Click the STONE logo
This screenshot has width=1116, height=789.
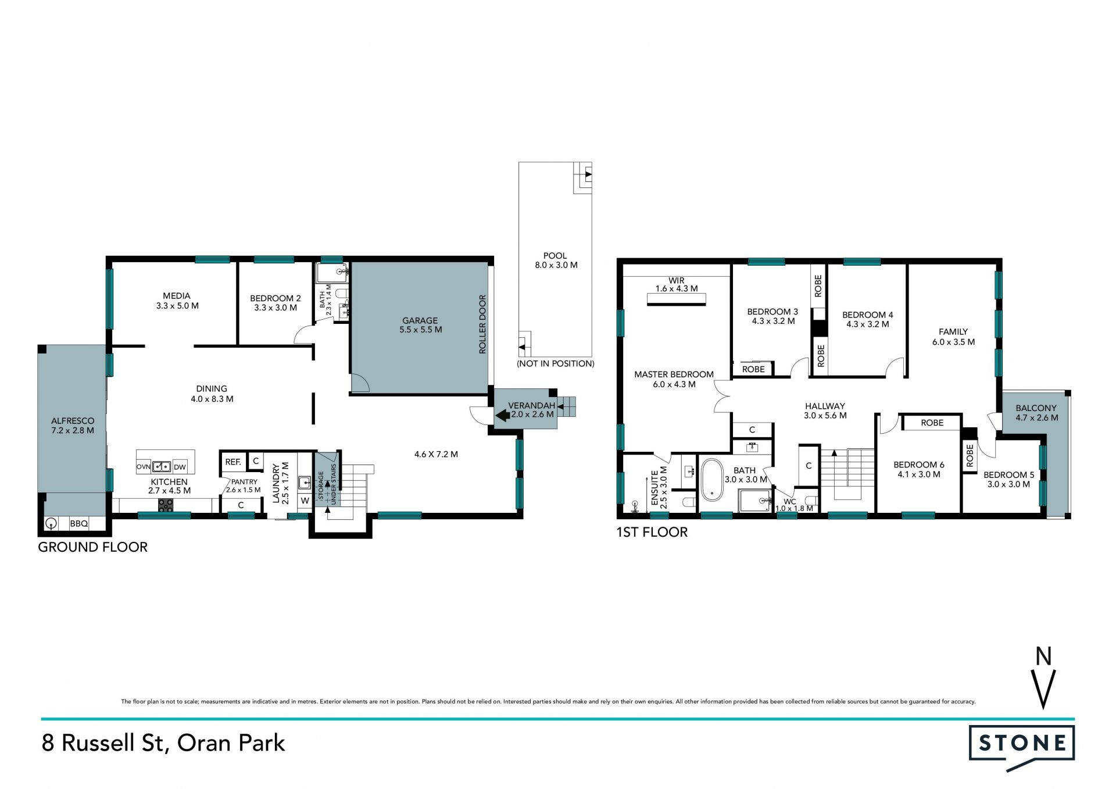1021,747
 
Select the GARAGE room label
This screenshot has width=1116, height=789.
420,320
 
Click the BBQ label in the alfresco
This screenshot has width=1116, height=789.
79,524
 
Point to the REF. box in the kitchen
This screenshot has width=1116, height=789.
233,462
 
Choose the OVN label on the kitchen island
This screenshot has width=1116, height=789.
144,466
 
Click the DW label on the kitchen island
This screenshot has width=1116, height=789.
180,466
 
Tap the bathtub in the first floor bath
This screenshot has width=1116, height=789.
712,480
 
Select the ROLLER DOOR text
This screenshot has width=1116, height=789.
482,324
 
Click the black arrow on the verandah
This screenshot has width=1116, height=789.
502,415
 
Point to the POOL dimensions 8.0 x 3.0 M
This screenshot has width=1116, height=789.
556,265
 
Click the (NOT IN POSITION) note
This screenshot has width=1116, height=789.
556,364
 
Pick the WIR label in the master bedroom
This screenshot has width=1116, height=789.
677,280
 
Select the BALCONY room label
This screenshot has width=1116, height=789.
1036,408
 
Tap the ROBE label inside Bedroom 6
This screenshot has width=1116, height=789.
932,423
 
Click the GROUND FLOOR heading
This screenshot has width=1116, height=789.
93,547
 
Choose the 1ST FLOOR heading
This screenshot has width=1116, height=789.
652,532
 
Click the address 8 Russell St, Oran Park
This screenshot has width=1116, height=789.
163,743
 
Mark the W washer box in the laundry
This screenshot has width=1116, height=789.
305,501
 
